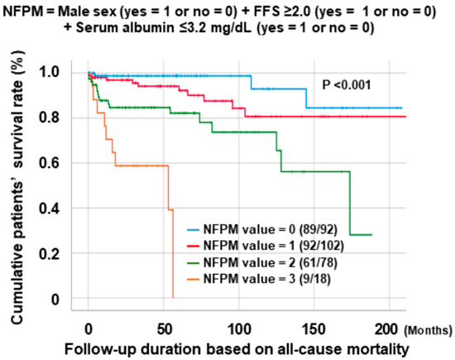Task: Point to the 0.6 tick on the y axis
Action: [64, 163]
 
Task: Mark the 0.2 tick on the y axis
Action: [64, 254]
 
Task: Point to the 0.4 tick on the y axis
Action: [64, 209]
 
